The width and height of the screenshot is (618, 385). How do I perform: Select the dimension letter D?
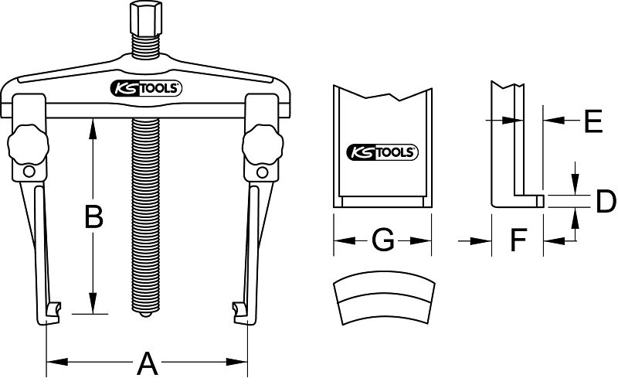pos(606,203)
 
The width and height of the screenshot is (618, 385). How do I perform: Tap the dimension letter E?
pos(593,121)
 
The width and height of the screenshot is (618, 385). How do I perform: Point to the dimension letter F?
pos(518,242)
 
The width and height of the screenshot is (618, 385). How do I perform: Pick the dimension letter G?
pos(382,242)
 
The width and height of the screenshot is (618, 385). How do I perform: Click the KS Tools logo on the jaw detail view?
pos(382,152)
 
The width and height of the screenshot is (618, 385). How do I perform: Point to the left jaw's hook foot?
pos(51,312)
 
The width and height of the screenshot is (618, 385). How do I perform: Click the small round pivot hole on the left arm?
pos(29,172)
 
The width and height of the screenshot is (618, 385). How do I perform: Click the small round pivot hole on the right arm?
pos(263,172)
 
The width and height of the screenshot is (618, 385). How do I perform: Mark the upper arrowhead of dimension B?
pos(93,124)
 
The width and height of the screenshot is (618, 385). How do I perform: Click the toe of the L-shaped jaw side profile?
pos(539,201)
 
